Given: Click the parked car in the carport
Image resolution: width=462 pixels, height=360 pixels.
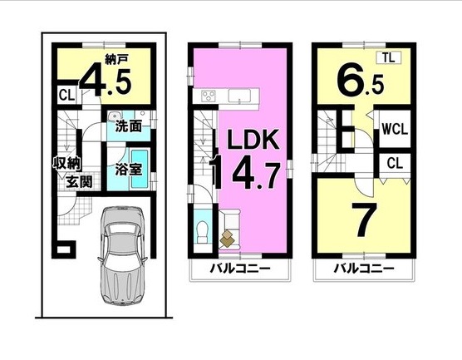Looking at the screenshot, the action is click(122, 255).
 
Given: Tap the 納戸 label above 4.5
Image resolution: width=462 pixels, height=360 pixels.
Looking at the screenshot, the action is click(116, 60).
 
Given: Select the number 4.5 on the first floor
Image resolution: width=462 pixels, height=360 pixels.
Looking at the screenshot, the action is click(106, 81).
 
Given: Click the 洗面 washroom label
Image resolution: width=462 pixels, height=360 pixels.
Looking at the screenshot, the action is click(128, 126).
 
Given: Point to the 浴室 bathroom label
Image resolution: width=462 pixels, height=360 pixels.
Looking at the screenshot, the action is click(129, 169).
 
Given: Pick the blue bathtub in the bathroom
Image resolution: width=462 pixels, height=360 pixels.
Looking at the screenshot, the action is click(140, 170).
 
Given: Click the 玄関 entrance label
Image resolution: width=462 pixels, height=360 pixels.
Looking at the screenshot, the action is click(79, 182).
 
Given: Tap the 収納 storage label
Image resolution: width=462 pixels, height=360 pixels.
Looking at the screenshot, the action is click(67, 164).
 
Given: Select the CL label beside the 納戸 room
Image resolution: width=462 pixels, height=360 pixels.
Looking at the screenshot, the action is click(66, 96).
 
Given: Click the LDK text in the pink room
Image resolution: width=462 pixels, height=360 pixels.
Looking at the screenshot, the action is click(253, 140).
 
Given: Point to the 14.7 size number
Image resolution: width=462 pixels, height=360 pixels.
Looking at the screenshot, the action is click(243, 174).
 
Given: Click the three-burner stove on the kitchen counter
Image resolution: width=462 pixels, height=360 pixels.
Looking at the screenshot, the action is click(209, 96).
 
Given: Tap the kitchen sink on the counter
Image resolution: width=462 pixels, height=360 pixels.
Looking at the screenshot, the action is click(239, 96).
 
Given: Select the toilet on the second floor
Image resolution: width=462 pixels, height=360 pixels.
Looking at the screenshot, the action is click(203, 232).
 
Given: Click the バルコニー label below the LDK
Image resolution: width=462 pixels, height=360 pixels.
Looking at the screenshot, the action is click(240, 269).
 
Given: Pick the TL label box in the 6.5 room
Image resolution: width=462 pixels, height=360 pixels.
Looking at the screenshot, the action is click(389, 58).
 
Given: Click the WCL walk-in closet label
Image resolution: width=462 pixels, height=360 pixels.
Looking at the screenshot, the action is click(395, 129).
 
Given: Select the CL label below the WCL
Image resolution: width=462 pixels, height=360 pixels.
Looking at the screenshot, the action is click(395, 163).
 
